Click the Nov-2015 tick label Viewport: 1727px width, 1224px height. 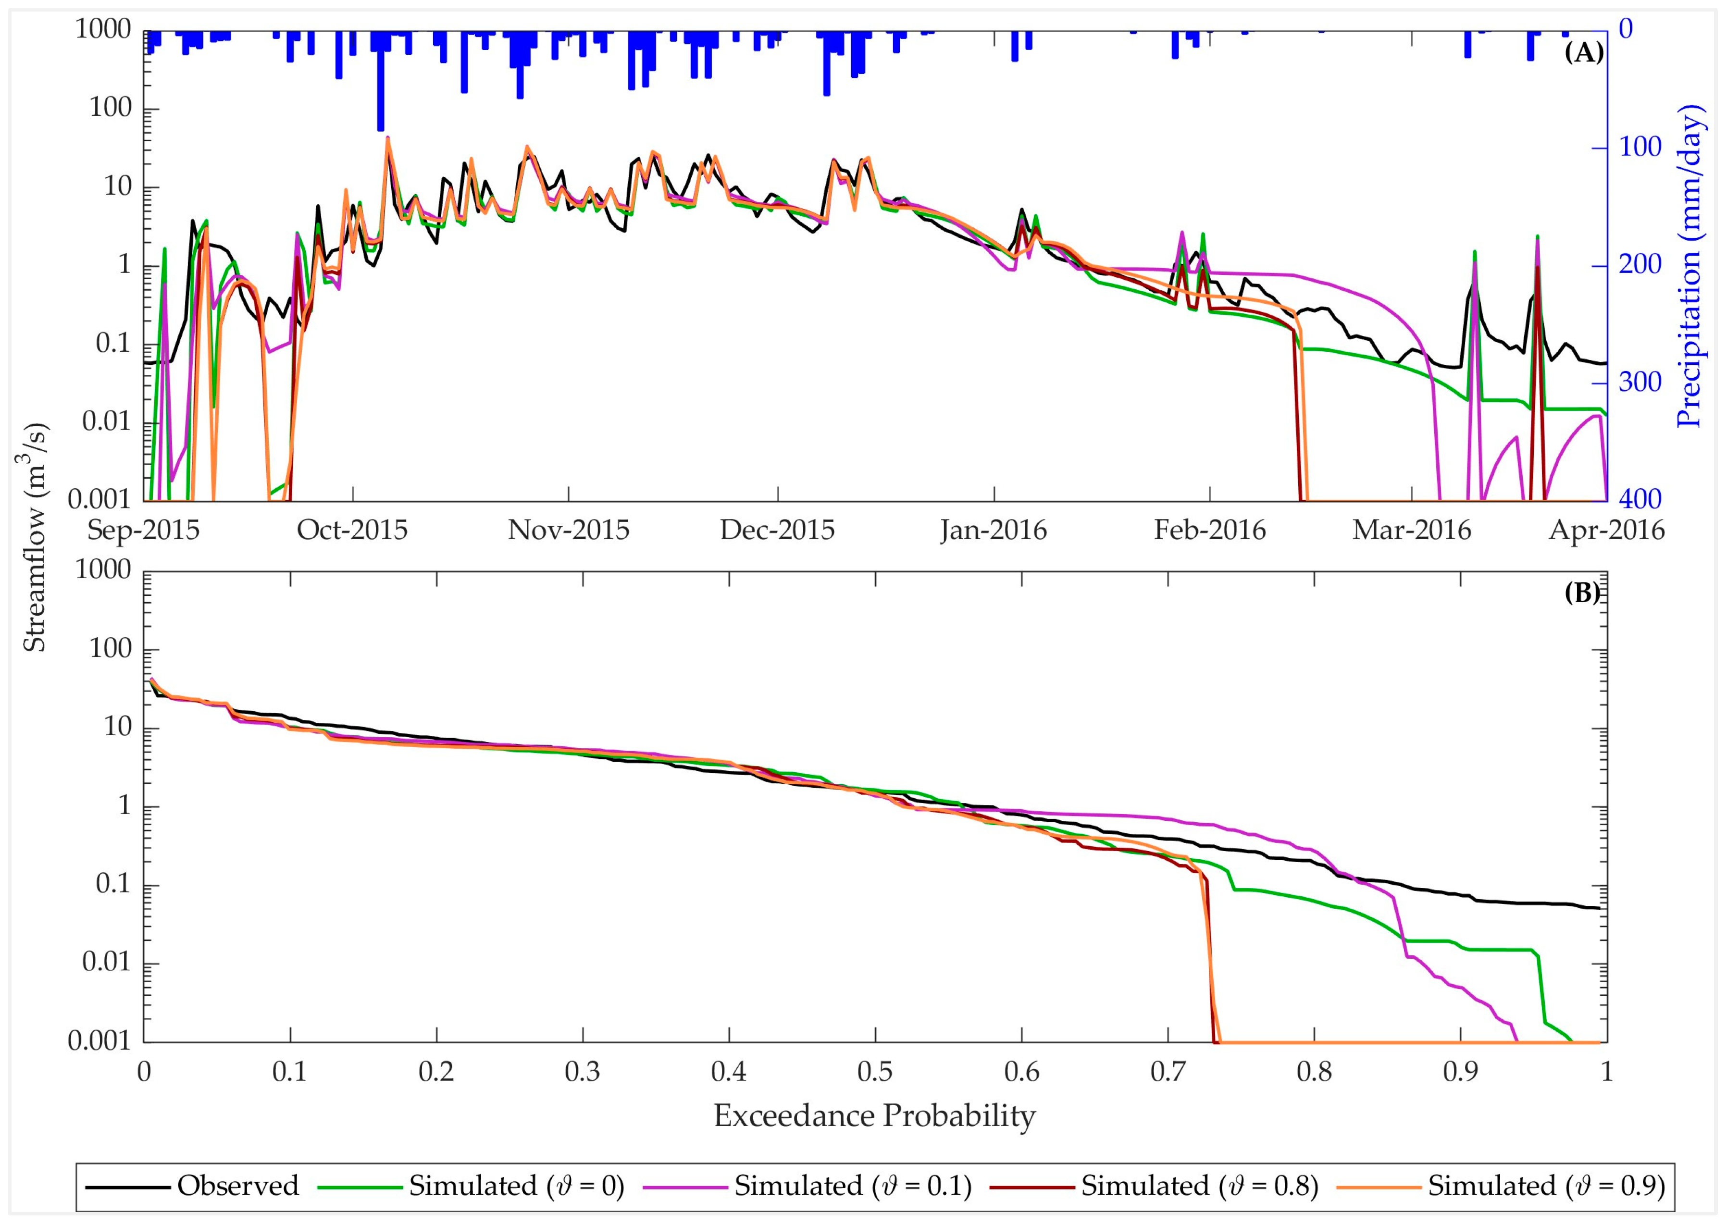(x=569, y=531)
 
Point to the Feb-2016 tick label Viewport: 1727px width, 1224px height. (x=1210, y=531)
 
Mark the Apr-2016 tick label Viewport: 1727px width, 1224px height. (x=1606, y=531)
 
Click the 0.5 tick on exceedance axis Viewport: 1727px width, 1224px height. (x=874, y=1072)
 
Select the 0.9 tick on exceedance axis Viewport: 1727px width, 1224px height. (x=1460, y=1072)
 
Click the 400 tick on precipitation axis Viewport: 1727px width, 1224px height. (x=1640, y=498)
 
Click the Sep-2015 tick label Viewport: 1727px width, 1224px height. (x=143, y=531)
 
